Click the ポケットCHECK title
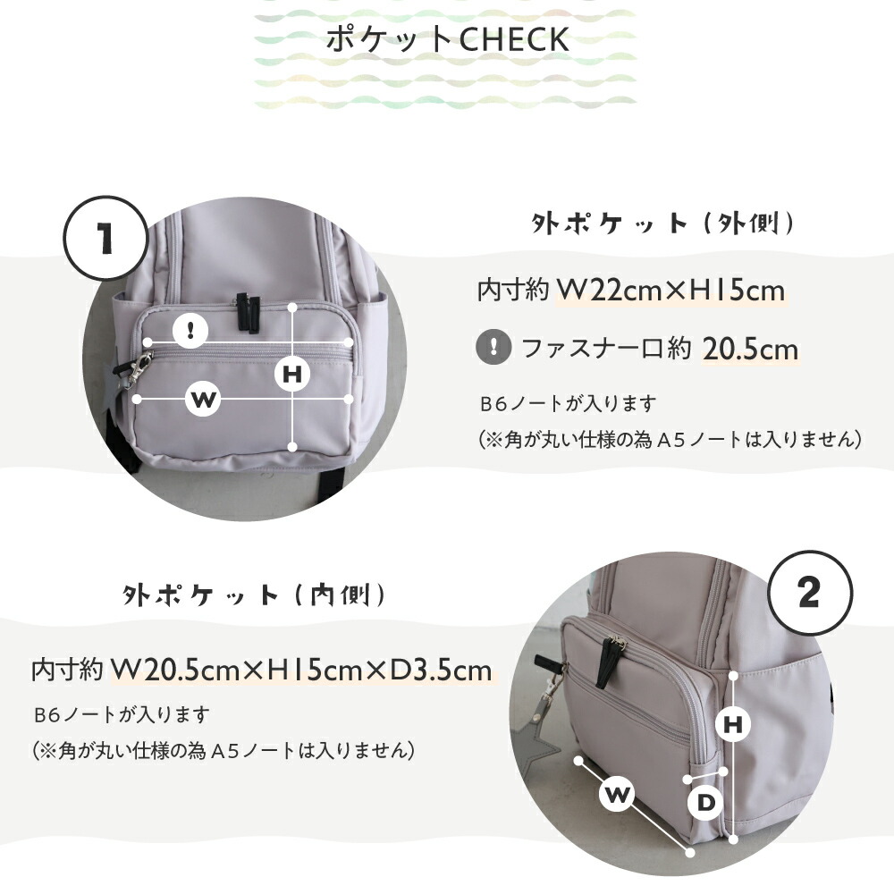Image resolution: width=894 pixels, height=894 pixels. coord(448,38)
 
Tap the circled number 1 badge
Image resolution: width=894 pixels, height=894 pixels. coord(105,239)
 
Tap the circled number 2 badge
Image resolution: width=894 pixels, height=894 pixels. coord(810,593)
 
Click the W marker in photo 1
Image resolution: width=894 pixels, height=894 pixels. coord(203,399)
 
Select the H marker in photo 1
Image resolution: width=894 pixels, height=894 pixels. coord(292,375)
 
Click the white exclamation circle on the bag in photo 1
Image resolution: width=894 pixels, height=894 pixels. coord(190,330)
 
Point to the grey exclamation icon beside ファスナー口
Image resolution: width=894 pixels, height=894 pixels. coord(493,346)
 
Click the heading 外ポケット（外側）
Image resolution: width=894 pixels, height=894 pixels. coord(662,223)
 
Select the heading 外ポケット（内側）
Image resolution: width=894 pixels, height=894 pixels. coord(254,595)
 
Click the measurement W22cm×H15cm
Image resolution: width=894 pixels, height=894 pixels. coord(670,291)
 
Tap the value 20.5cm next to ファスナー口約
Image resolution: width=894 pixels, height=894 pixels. coord(750,349)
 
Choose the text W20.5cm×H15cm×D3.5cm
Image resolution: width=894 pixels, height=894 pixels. coord(301,670)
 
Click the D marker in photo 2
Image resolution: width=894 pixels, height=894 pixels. coord(706,803)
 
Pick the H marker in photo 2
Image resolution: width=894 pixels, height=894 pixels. coord(733,725)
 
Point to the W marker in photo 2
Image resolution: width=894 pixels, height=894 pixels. coord(617,793)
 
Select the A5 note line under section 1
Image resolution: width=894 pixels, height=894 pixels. coord(669,439)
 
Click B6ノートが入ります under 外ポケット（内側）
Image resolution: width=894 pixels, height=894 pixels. coord(122,713)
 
